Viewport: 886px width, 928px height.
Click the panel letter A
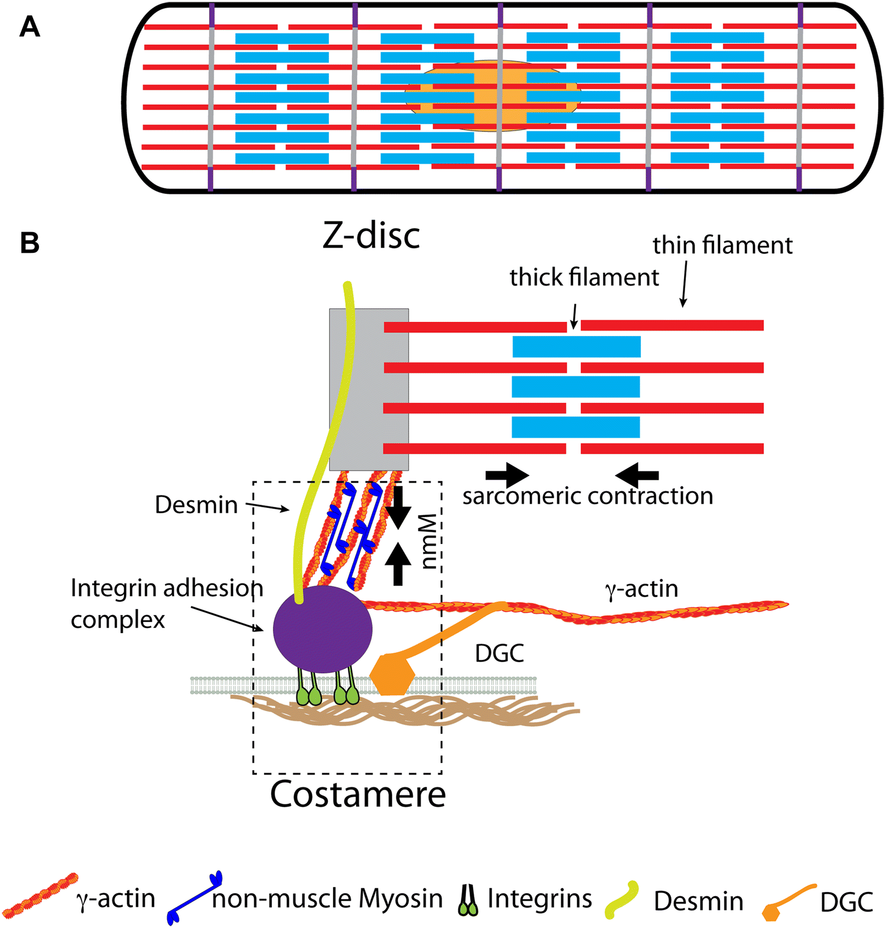coord(30,27)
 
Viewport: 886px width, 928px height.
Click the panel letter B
coord(30,243)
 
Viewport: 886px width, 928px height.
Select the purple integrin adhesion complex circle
coord(323,629)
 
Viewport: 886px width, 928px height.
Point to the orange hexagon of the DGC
coord(391,675)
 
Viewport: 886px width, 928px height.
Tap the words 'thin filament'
coord(722,245)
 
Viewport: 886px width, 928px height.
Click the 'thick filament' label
coord(584,277)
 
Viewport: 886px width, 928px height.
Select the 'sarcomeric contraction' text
coord(588,496)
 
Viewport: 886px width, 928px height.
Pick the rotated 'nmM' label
coord(429,540)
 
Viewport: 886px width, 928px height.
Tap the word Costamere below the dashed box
coord(358,795)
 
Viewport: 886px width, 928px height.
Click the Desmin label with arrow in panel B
coord(196,505)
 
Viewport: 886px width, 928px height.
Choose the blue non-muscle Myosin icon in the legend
coord(194,897)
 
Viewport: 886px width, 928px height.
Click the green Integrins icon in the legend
coord(468,900)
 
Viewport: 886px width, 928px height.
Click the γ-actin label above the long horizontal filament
coord(641,589)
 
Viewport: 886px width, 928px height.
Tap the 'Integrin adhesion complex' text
coord(166,603)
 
